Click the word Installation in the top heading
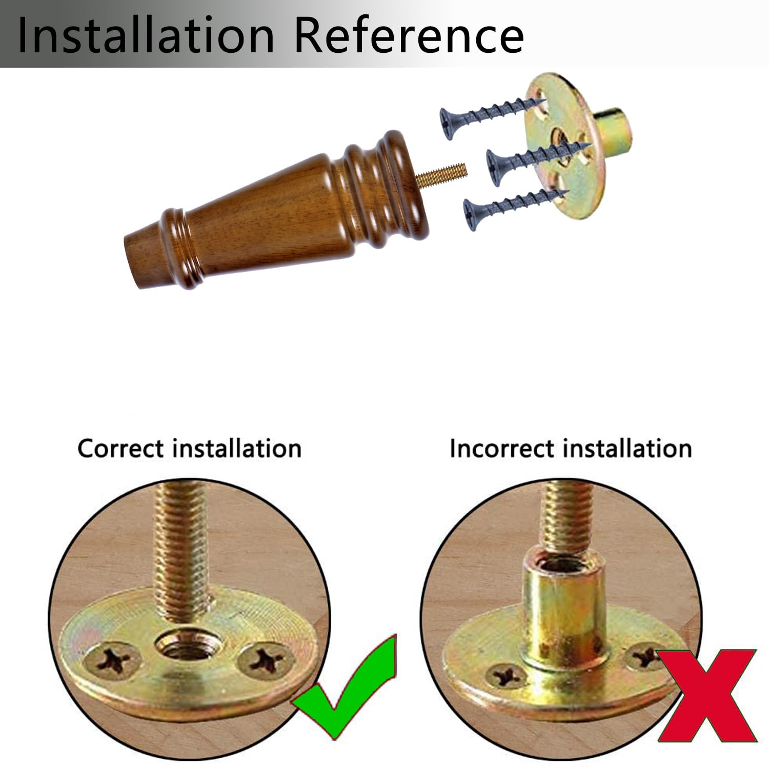(x=146, y=35)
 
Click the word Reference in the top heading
(x=410, y=35)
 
